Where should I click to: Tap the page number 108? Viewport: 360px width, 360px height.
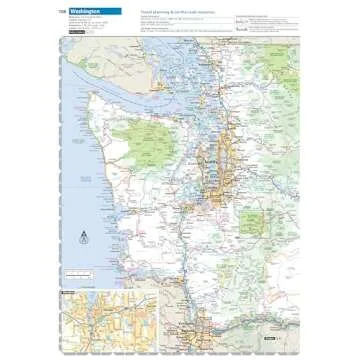tap(63, 11)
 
